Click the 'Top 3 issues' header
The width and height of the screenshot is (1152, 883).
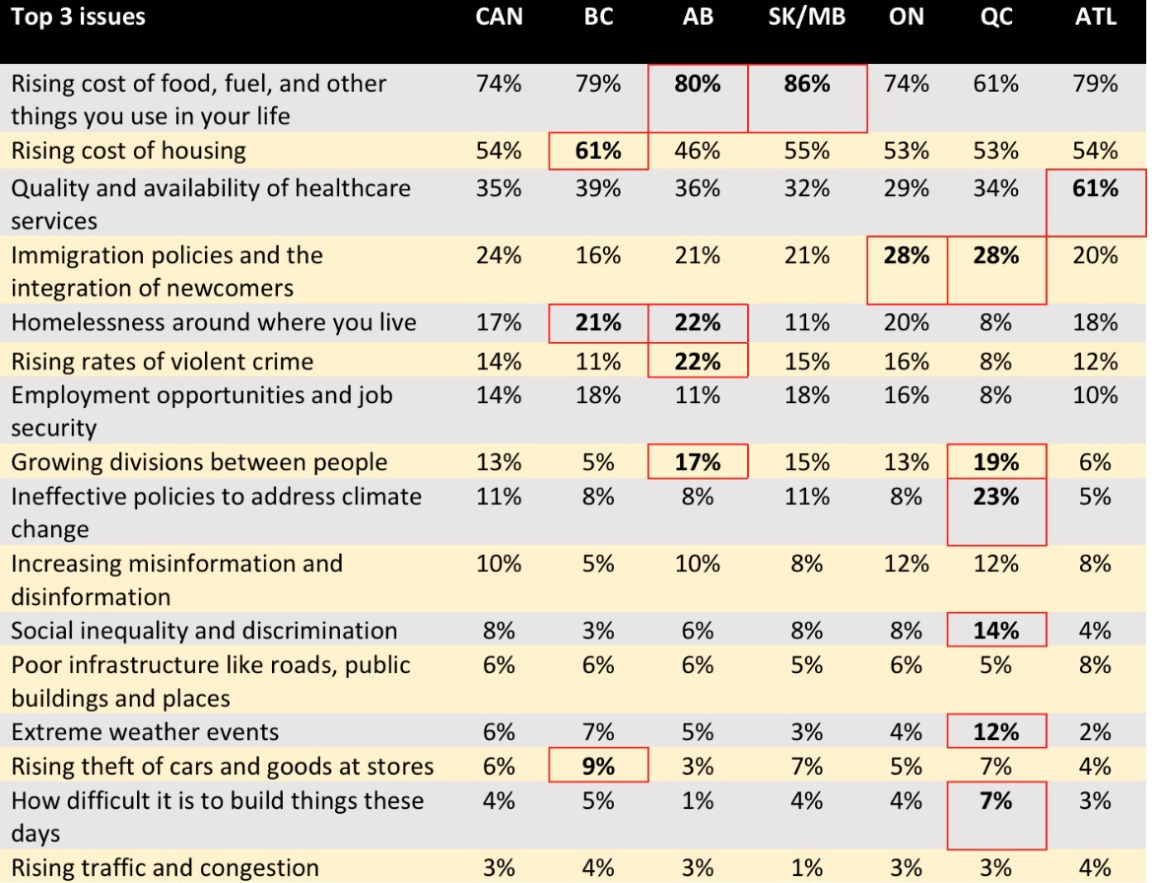point(79,18)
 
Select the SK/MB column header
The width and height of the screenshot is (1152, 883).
point(806,18)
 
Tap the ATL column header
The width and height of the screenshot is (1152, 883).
point(1095,18)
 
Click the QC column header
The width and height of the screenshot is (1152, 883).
point(995,18)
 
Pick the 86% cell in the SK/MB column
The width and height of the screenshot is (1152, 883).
point(806,85)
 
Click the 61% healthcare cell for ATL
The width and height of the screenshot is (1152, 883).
point(1095,188)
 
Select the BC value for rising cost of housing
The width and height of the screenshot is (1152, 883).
point(598,151)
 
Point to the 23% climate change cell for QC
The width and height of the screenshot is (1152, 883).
point(995,497)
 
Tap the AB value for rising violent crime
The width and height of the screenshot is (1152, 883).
point(697,362)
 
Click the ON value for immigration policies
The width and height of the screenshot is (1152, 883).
point(906,256)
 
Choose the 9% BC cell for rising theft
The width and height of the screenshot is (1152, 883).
point(598,766)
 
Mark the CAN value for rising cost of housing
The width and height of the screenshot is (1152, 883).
point(499,151)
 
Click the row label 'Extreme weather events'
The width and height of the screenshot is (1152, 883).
point(145,732)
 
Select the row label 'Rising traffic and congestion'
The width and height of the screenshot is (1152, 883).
point(165,868)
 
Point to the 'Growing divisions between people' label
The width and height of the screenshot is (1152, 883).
point(199,462)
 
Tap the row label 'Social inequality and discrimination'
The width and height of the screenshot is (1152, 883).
point(204,631)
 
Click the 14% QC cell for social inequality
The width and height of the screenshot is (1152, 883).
point(995,631)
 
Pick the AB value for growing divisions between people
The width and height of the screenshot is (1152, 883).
point(697,462)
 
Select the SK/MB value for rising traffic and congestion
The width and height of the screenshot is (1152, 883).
point(806,868)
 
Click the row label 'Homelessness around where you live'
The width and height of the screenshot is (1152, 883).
point(213,322)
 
